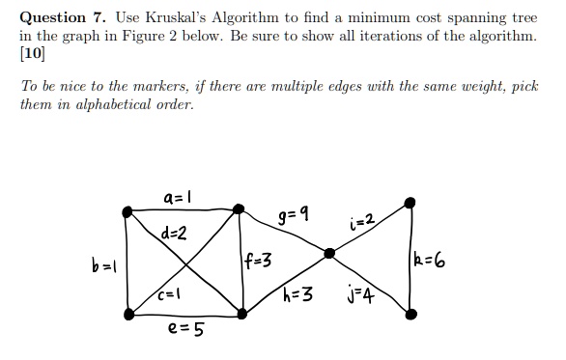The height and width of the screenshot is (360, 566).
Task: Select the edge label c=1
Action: coord(170,290)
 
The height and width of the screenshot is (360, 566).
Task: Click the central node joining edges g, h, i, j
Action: coord(329,253)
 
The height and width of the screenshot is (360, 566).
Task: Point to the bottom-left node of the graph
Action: coord(128,312)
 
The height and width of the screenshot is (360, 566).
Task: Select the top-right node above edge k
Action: coord(410,203)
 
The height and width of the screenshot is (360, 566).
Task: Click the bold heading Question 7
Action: coord(60,17)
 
